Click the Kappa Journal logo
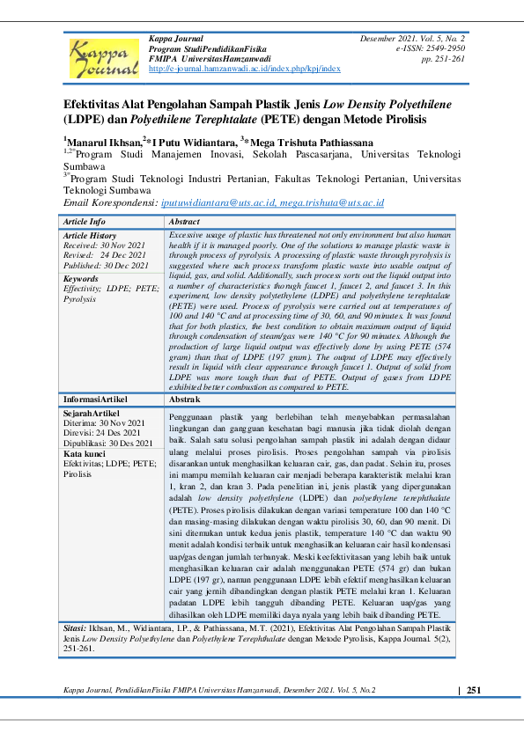[x=104, y=55]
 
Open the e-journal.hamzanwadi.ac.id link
[x=245, y=68]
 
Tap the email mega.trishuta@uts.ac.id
[x=332, y=202]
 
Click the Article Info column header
[x=85, y=222]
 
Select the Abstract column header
[x=184, y=222]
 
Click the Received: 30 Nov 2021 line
[x=97, y=246]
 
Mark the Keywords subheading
[x=81, y=278]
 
